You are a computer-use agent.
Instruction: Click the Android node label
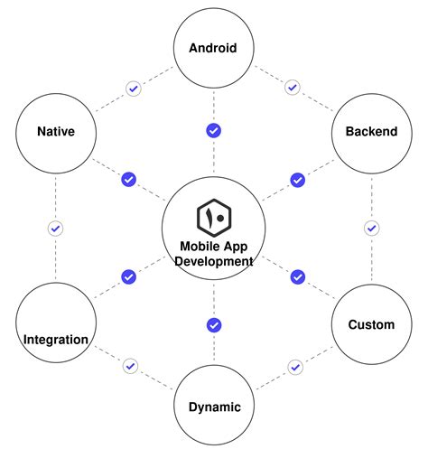coord(213,48)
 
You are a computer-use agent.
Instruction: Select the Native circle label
coord(55,131)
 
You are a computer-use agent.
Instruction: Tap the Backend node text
coord(371,131)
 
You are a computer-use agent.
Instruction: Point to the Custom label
coord(371,324)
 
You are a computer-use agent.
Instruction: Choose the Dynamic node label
coord(214,407)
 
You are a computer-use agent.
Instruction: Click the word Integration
coord(55,340)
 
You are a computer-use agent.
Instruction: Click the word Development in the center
coord(214,261)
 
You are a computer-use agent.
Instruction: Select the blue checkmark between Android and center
coord(214,131)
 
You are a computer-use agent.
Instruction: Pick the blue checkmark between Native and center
coord(128,180)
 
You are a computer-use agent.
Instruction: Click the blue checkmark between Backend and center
coord(297,180)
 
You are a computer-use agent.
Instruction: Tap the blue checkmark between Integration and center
coord(128,276)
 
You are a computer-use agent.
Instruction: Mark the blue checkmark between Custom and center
coord(297,276)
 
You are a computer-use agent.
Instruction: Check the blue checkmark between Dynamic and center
coord(214,325)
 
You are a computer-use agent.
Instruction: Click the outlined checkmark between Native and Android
coord(133,89)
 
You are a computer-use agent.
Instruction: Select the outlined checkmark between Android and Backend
coord(292,88)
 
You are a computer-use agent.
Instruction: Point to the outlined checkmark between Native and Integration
coord(55,229)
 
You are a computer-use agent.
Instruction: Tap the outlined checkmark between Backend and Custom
coord(371,229)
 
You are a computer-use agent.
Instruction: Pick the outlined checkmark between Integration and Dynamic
coord(131,366)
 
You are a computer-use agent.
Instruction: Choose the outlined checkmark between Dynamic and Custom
coord(294,366)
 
